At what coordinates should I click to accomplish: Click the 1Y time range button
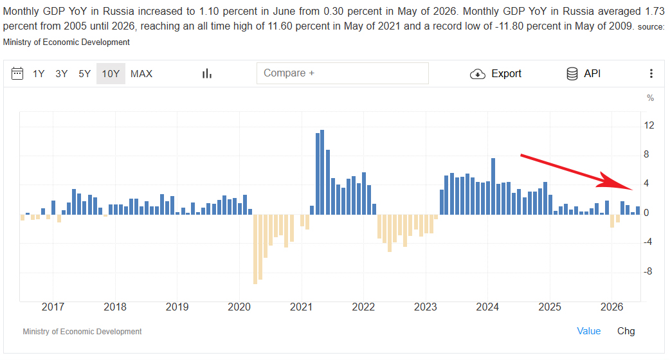[39, 74]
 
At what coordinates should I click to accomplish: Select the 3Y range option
[62, 74]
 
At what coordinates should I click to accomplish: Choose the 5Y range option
[85, 74]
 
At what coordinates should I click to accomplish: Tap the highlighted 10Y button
[111, 74]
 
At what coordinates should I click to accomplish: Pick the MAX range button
[141, 74]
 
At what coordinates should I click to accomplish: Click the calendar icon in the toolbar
[17, 73]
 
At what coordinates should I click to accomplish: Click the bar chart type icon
[207, 74]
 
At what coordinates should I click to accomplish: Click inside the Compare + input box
[343, 73]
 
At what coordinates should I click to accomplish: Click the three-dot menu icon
[651, 73]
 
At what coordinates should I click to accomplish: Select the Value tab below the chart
[589, 331]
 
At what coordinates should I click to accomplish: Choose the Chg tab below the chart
[626, 331]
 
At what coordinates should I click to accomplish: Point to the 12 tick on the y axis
[649, 125]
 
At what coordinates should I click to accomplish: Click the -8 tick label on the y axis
[648, 271]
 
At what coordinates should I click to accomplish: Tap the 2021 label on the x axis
[302, 307]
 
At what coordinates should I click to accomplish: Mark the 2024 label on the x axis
[487, 307]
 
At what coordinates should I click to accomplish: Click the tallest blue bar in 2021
[322, 172]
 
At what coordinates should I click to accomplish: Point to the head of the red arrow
[633, 189]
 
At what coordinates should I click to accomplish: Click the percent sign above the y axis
[650, 98]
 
